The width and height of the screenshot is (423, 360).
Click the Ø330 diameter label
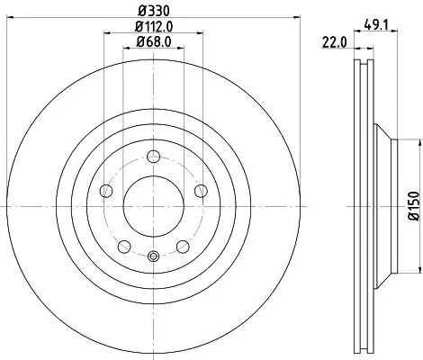(x=152, y=11)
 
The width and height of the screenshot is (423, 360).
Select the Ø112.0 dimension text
(x=152, y=26)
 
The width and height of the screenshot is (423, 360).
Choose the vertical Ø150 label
(x=413, y=205)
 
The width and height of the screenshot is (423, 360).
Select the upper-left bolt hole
(x=105, y=190)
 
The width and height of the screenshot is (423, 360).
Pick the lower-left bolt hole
(x=123, y=246)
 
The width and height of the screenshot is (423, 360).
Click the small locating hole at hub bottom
(x=152, y=256)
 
